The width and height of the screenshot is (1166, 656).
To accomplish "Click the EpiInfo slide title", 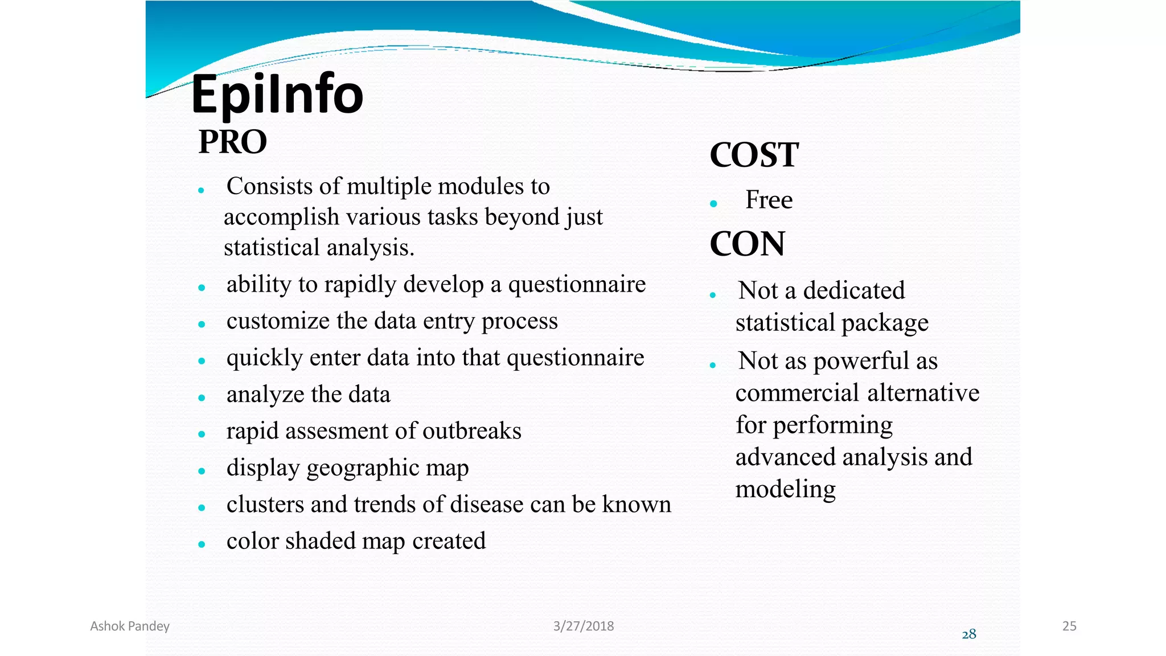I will click(277, 95).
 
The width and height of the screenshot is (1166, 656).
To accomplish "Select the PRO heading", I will click(232, 142).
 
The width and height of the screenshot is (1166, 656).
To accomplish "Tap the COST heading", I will click(754, 155).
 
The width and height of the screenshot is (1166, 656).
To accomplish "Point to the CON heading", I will click(747, 244).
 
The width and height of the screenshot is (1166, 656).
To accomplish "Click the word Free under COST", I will click(769, 200).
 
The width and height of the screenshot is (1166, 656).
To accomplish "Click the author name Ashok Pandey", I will click(130, 626).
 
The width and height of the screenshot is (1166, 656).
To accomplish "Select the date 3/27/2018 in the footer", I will click(583, 626).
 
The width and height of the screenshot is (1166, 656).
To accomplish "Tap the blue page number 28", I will click(968, 634).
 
